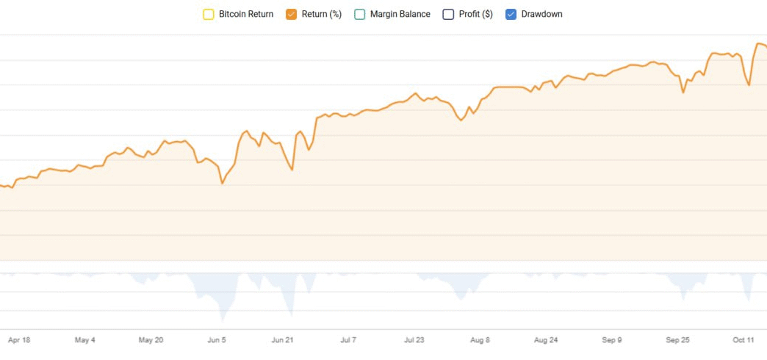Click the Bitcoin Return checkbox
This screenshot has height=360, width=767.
pyautogui.click(x=209, y=14)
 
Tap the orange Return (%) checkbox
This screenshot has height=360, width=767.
pyautogui.click(x=291, y=14)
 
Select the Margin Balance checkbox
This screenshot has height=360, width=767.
pyautogui.click(x=360, y=14)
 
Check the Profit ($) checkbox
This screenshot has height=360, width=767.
pyautogui.click(x=448, y=14)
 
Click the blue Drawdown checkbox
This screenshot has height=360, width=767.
pyautogui.click(x=511, y=14)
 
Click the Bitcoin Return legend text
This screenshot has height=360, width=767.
pyautogui.click(x=246, y=14)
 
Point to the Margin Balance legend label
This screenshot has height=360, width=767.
pyautogui.click(x=400, y=14)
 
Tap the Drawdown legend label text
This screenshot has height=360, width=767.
pyautogui.click(x=541, y=14)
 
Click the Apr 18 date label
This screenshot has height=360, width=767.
pyautogui.click(x=19, y=340)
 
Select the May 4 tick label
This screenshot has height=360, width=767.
pyautogui.click(x=85, y=340)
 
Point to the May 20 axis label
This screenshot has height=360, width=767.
pyautogui.click(x=151, y=340)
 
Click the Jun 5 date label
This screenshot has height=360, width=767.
pyautogui.click(x=217, y=340)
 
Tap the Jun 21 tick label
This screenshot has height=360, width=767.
pyautogui.click(x=283, y=340)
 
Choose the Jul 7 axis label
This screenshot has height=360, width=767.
pyautogui.click(x=348, y=340)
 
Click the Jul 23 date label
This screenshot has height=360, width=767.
pyautogui.click(x=414, y=340)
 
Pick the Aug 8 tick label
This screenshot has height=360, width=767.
pyautogui.click(x=480, y=340)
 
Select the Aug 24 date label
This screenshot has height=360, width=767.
pyautogui.click(x=546, y=340)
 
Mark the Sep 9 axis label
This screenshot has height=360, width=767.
pyautogui.click(x=612, y=340)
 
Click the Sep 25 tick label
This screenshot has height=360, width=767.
pyautogui.click(x=677, y=340)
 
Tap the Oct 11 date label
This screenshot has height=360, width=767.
pyautogui.click(x=743, y=340)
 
